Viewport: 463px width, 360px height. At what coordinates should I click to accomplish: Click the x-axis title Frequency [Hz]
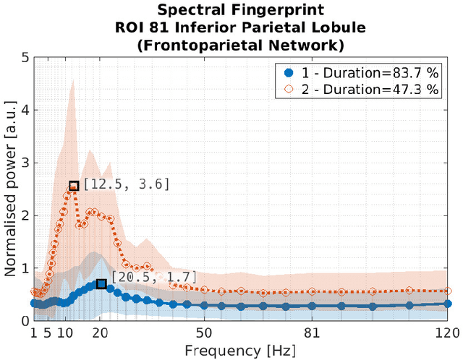point(239,350)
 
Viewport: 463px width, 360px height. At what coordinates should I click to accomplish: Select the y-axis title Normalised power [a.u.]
point(10,189)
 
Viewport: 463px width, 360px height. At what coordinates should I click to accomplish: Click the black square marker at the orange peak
point(74,186)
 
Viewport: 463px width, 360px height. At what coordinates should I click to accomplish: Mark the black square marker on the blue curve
point(101,284)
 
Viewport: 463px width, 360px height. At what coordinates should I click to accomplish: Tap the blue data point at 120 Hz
point(448,304)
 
